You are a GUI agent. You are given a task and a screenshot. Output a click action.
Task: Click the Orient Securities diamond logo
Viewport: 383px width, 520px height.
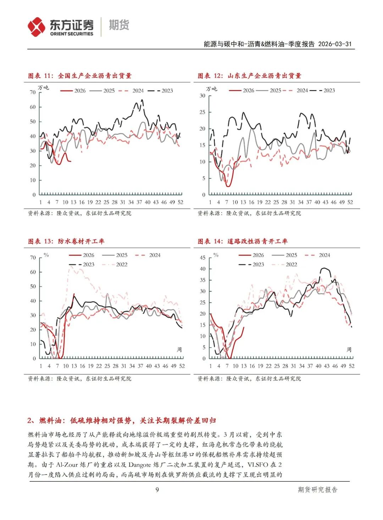(x=37, y=27)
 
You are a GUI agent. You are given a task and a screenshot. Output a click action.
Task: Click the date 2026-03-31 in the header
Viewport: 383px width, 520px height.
(x=335, y=44)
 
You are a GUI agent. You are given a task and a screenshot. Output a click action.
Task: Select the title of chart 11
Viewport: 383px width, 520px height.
(x=80, y=76)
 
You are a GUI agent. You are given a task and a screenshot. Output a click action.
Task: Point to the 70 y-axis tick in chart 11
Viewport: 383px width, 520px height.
(x=33, y=92)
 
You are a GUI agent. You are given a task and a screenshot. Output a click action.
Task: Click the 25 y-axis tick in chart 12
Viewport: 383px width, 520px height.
(x=202, y=112)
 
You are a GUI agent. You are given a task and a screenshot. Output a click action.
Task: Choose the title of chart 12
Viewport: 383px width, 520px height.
(x=249, y=76)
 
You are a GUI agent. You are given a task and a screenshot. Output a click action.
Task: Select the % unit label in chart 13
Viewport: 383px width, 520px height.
(x=46, y=255)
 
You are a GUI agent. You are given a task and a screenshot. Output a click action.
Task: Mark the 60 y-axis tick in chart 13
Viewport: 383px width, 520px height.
(x=33, y=272)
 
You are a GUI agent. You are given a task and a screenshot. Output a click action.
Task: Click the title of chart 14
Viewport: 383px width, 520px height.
(x=243, y=241)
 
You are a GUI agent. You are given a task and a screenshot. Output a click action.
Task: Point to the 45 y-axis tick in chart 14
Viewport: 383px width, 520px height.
(x=202, y=258)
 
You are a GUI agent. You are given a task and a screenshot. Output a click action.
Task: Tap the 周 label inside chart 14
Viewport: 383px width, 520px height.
(x=349, y=349)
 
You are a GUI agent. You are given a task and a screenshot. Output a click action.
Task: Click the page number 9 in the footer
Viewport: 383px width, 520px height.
(x=157, y=489)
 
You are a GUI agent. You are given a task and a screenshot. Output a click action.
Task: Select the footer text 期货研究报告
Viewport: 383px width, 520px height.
(x=317, y=489)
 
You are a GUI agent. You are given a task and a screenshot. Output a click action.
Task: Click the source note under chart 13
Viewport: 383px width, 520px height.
(x=79, y=378)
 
